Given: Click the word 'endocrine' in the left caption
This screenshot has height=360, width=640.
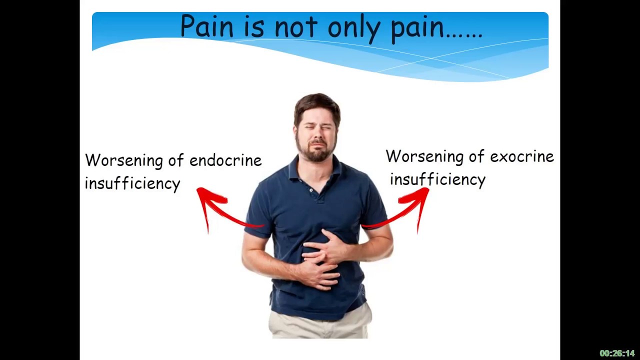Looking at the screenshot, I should point(225,160).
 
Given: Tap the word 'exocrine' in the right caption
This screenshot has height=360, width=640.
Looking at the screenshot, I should point(521,156).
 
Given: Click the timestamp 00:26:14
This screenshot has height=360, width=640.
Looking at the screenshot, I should point(617,353).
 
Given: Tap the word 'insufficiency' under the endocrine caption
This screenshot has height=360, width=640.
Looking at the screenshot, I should point(132,183).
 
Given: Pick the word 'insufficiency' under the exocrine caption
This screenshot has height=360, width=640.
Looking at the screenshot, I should point(437,179).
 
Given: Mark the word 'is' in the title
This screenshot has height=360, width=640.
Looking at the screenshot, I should point(254,27).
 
